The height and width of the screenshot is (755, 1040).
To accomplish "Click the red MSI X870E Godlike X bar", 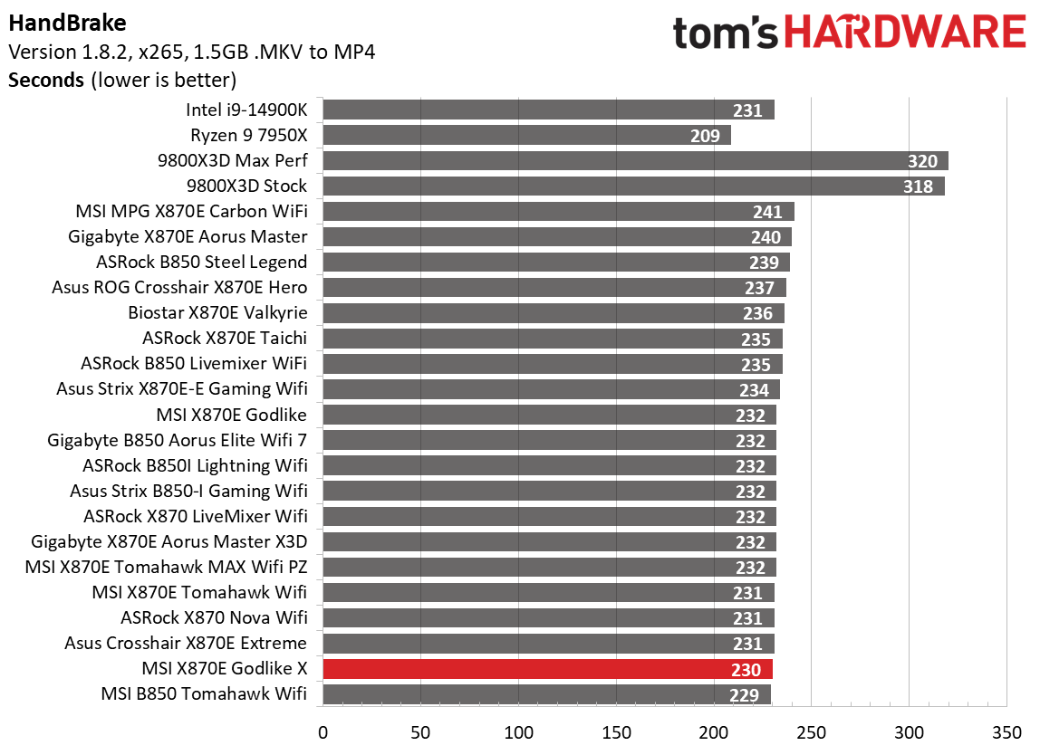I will tap(547, 669).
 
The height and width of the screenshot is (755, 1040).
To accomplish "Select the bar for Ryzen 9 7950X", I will tap(526, 136).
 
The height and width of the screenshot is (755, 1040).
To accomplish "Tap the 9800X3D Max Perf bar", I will tap(634, 161).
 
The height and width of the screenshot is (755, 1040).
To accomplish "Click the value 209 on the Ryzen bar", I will tap(704, 136).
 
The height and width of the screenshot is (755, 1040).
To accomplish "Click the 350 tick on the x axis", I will tap(1006, 731).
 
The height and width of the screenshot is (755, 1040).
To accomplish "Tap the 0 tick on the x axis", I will tap(323, 731).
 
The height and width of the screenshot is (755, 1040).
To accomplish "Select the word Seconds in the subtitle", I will tap(46, 80).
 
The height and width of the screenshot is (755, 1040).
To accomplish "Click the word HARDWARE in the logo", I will tap(906, 33).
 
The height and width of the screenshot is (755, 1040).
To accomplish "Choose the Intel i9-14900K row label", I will tap(246, 110).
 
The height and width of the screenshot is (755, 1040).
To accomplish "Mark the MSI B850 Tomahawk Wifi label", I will tap(205, 694).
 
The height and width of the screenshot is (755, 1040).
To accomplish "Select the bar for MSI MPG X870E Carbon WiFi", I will tap(558, 212).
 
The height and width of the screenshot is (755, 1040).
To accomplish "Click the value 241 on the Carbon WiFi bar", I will tap(767, 212).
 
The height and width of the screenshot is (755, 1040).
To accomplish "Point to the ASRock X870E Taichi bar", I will tap(552, 339).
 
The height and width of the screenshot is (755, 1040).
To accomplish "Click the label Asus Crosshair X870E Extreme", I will tap(186, 644).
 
